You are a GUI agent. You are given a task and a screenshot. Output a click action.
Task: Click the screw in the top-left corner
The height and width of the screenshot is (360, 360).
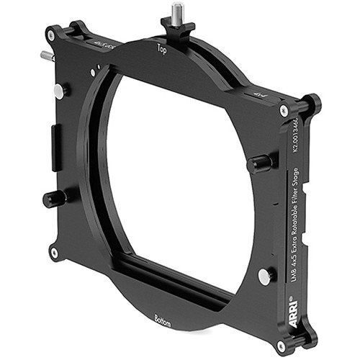tap(50, 35)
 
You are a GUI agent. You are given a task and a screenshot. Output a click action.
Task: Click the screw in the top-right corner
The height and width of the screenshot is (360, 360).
tap(284, 111)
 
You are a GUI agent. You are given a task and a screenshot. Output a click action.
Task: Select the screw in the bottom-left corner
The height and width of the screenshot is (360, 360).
tap(54, 253)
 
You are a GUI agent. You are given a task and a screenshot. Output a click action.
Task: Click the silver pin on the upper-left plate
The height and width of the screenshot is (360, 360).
tap(58, 91)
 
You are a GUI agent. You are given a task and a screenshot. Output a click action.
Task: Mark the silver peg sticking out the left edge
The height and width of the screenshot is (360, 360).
tap(47, 55)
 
